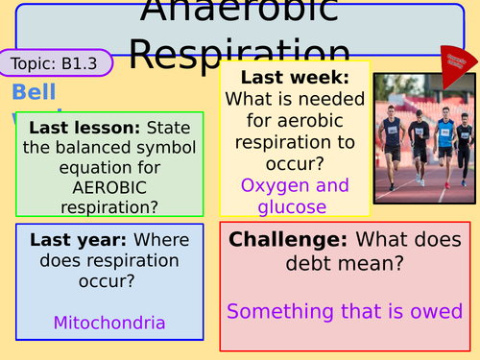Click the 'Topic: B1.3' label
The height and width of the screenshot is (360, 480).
[56, 63]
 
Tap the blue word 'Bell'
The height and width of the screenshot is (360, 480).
[35, 93]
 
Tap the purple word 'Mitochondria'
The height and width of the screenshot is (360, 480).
[109, 323]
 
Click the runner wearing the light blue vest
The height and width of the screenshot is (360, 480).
[444, 139]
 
